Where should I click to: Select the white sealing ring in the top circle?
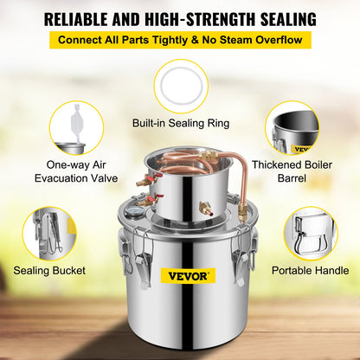pos(181,85)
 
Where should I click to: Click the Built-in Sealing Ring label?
pos(180,123)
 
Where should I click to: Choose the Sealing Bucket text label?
pos(49,271)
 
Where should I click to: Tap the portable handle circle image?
pos(310,232)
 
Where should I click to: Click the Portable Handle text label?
pos(310,271)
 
